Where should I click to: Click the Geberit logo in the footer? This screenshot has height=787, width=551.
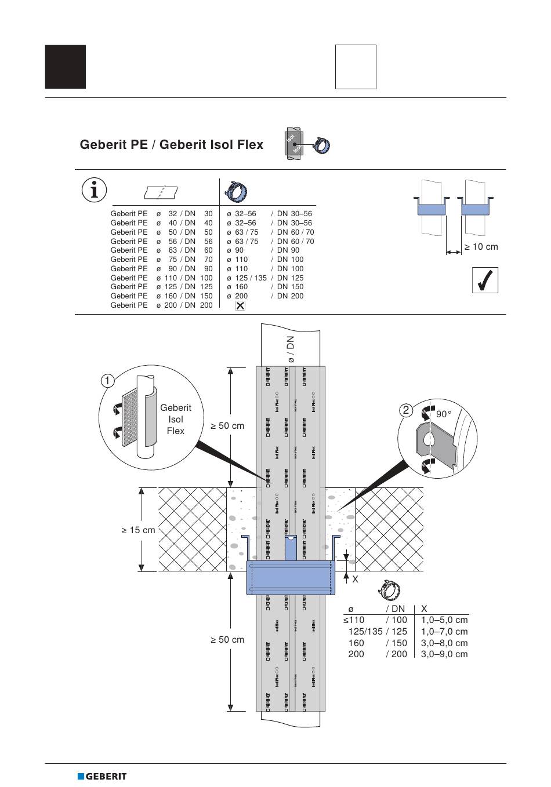click(102, 776)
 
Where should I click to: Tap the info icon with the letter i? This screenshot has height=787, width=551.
click(94, 190)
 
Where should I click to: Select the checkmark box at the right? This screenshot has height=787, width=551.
click(485, 280)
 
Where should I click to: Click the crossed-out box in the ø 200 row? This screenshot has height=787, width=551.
click(240, 305)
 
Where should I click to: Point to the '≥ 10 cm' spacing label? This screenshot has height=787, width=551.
click(481, 247)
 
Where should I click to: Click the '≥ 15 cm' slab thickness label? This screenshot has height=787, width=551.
click(139, 530)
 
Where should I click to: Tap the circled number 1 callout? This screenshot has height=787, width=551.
click(107, 381)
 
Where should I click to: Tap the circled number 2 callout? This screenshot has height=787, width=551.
click(406, 410)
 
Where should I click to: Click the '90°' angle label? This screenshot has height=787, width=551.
click(444, 414)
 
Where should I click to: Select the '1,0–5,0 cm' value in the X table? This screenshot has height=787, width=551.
click(444, 620)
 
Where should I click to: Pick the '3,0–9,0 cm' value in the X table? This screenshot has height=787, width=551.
click(444, 654)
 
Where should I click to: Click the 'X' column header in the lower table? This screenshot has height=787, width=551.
click(424, 609)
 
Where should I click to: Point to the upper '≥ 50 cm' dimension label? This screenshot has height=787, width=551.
click(227, 426)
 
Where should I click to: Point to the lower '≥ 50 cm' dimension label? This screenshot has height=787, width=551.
click(227, 640)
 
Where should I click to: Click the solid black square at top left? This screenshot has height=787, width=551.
click(66, 67)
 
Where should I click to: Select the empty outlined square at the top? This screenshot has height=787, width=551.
click(356, 67)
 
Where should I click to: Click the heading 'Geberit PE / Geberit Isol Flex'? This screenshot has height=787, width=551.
click(172, 145)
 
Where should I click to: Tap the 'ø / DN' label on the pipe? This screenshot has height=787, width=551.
click(291, 349)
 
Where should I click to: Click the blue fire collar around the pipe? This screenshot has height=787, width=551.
click(291, 578)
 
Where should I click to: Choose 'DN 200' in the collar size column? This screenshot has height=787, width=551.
click(290, 296)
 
